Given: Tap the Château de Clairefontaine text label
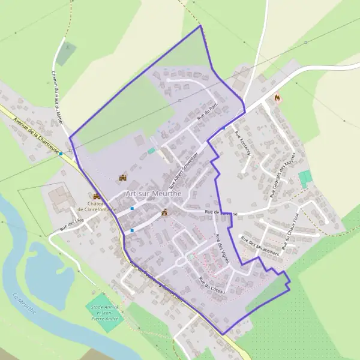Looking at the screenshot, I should (x=97, y=205).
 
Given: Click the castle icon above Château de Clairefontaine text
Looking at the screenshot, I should (x=96, y=196).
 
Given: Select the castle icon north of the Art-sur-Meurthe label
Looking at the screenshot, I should (x=123, y=178).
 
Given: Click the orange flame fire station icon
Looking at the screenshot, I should (x=277, y=98).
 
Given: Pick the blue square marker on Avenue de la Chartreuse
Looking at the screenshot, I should (x=61, y=154).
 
